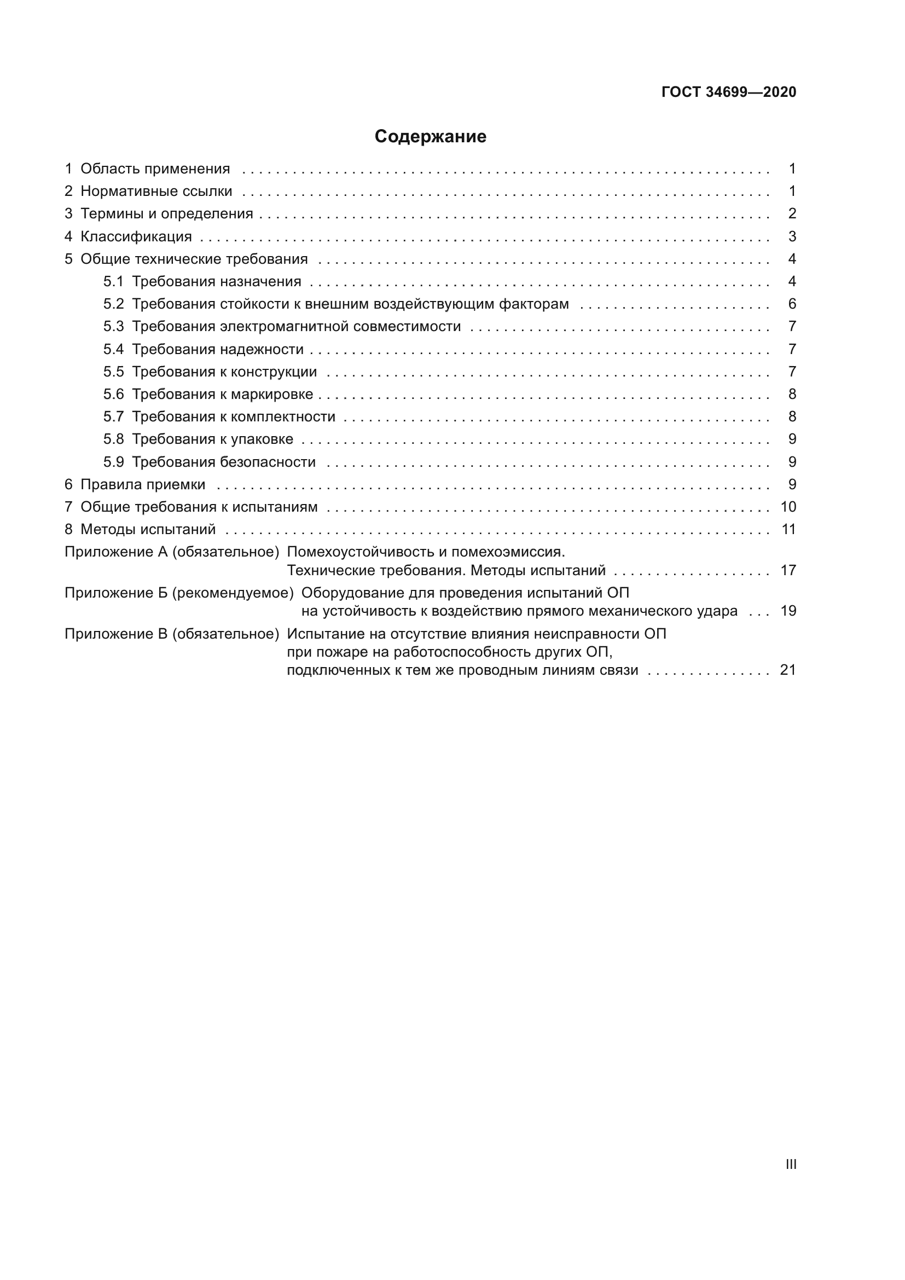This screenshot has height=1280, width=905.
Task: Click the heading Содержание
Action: point(430,137)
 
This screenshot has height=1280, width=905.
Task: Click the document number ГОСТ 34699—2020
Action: point(728,92)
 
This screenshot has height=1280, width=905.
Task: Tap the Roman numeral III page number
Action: point(790,1164)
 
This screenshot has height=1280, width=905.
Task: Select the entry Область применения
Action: point(155,169)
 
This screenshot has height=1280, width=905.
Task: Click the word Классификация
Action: point(136,236)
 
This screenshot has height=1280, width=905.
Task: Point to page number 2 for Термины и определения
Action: point(792,213)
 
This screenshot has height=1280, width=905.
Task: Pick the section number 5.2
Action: point(113,304)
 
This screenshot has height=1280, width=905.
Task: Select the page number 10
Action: point(788,507)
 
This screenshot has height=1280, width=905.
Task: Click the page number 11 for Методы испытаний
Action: point(788,529)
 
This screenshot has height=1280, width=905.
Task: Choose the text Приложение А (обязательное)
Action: point(172,552)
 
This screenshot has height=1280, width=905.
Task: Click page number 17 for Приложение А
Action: point(788,570)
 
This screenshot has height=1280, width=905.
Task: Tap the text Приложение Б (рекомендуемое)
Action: point(179,593)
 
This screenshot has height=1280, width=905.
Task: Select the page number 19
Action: point(788,611)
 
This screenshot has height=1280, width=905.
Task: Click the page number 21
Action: point(788,670)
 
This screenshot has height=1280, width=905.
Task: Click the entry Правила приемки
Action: point(143,484)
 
